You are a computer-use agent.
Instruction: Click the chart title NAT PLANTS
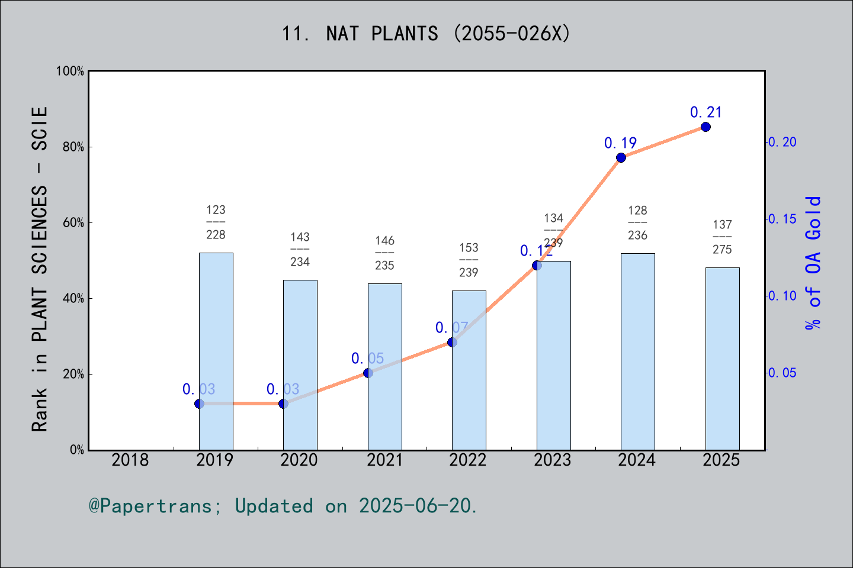(x=426, y=33)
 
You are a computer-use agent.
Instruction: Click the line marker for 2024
(x=621, y=157)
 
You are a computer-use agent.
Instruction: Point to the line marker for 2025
(x=706, y=127)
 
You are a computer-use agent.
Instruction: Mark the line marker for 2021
(x=368, y=373)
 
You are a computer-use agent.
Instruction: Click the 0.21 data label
(x=706, y=112)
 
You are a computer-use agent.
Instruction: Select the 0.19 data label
(x=620, y=143)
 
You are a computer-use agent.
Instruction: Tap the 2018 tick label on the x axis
(x=130, y=460)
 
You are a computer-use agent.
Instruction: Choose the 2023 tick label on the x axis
(x=553, y=460)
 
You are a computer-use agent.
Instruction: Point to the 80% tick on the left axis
(x=73, y=147)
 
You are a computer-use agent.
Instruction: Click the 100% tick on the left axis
(x=70, y=71)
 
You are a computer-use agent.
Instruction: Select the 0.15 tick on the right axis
(x=783, y=219)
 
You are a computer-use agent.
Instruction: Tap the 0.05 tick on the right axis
(x=783, y=373)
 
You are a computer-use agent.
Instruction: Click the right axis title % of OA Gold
(x=813, y=263)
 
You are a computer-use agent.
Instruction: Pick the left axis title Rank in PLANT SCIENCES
(x=39, y=269)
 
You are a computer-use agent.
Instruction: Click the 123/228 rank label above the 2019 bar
(x=216, y=222)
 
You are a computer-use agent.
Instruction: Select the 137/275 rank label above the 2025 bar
(x=722, y=237)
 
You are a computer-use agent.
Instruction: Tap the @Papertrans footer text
(x=283, y=506)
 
